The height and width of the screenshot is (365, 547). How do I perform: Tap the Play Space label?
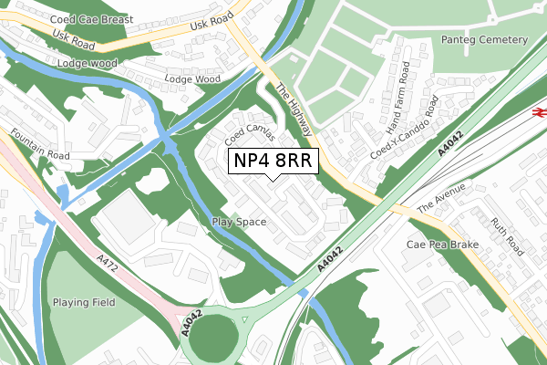click(239, 222)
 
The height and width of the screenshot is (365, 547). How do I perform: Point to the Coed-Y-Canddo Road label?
click(405, 130)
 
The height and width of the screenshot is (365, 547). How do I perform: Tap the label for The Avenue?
click(440, 199)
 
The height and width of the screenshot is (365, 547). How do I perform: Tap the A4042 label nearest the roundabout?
click(191, 322)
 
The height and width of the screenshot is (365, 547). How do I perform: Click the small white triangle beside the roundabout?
click(245, 319)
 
